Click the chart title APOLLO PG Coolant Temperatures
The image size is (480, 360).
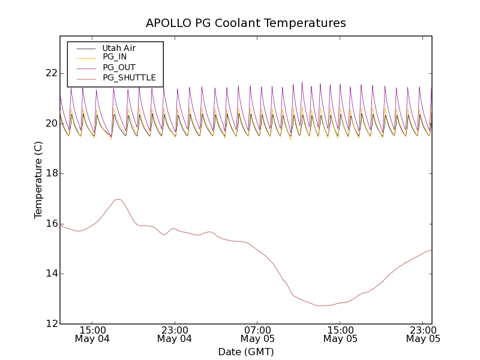pos(246,23)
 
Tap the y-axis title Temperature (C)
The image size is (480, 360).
pos(38,180)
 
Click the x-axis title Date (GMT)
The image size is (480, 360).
pos(246,352)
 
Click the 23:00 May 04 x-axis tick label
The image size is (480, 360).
pos(175,334)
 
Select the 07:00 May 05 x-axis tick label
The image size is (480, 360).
pos(257,334)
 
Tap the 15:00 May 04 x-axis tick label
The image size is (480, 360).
pos(92,334)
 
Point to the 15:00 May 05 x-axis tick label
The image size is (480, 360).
pos(340,334)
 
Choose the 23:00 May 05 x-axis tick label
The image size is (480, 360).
pos(423,334)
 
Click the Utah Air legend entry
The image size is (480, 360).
pos(119,48)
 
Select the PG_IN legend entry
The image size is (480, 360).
pos(115,57)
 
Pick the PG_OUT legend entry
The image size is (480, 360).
pos(119,67)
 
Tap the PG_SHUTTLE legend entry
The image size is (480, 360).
pos(129,77)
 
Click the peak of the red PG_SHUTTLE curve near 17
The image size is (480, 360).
pos(118,199)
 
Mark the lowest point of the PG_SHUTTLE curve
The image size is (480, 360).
pos(322,306)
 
